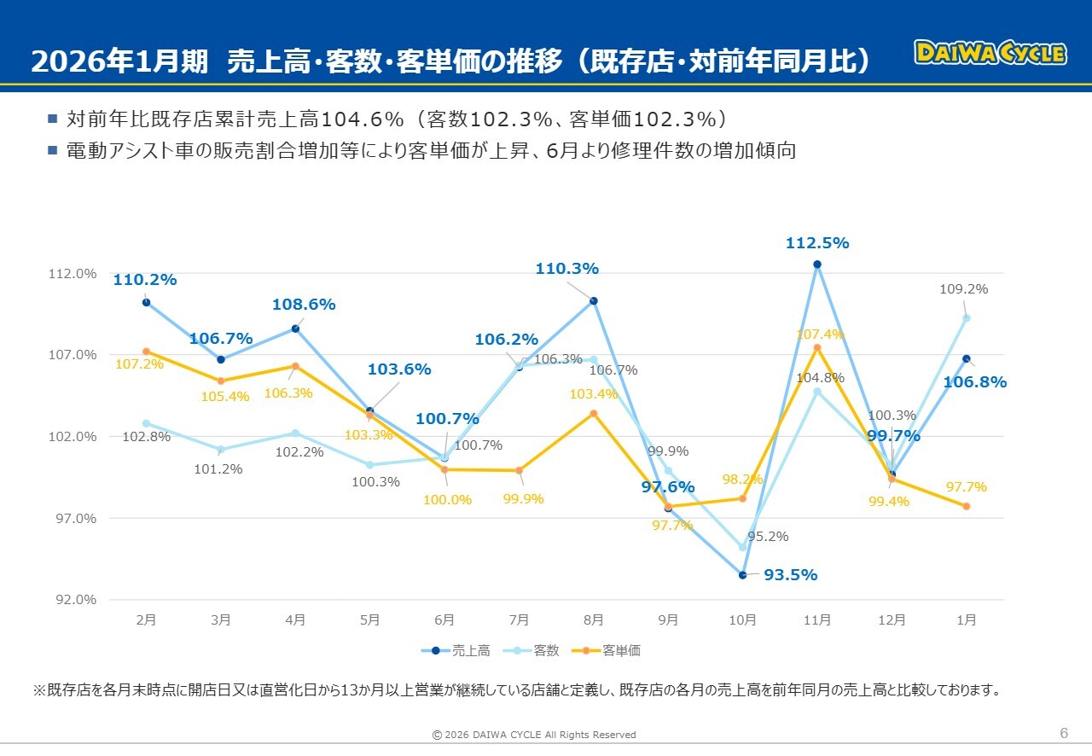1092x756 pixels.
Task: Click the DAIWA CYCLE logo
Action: [990, 53]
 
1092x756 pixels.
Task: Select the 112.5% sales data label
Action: [817, 243]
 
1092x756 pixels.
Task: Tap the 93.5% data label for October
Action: [790, 575]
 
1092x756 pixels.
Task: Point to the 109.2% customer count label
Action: [963, 289]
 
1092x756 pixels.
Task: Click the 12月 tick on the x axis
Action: [892, 620]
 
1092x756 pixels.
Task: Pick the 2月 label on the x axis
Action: [146, 620]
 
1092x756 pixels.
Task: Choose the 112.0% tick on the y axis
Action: [74, 273]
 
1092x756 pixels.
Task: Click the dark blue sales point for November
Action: [817, 265]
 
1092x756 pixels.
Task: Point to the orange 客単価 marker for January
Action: [967, 507]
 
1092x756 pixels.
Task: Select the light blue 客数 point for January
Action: [967, 318]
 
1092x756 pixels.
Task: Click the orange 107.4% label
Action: [820, 334]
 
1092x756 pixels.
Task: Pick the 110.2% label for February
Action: [145, 279]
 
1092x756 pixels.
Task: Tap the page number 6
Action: [1064, 733]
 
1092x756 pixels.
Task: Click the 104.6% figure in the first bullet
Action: [369, 119]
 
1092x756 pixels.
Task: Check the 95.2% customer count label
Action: [768, 537]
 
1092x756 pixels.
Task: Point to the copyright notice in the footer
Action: [534, 735]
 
